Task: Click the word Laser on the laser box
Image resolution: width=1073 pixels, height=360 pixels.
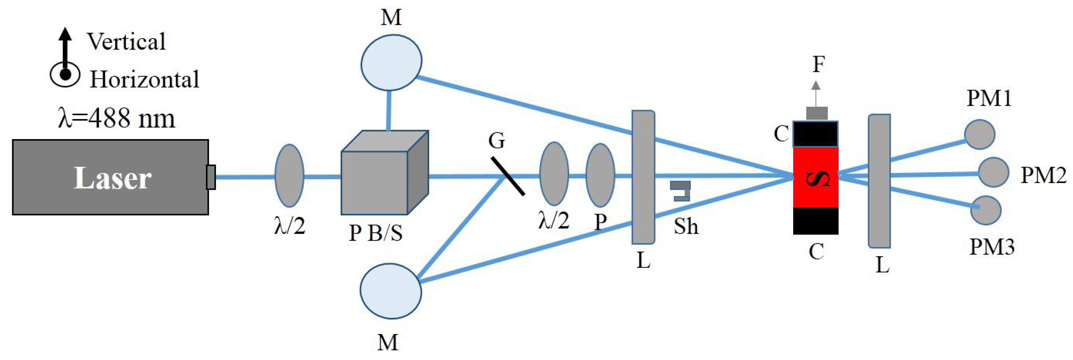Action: click(x=113, y=178)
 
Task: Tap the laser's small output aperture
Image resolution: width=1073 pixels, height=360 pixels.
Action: click(x=211, y=177)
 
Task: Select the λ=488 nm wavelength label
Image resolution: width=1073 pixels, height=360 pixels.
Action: click(x=117, y=118)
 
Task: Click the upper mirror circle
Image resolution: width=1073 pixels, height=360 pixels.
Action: click(x=391, y=62)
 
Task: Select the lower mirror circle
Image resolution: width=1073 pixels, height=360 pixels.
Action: click(x=391, y=291)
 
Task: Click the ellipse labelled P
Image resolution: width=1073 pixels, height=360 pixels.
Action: click(x=600, y=175)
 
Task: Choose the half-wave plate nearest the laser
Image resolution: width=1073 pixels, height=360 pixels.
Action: click(x=289, y=176)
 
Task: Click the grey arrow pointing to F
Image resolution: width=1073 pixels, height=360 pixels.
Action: click(x=816, y=94)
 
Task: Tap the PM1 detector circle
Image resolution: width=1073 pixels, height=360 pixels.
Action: click(x=980, y=134)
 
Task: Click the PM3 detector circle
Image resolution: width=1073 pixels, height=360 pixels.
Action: click(x=986, y=210)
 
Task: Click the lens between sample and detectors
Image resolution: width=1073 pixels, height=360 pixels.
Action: click(x=879, y=181)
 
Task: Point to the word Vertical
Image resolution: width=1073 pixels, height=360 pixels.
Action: click(x=126, y=42)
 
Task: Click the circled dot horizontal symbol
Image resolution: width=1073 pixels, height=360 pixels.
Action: click(x=65, y=74)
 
